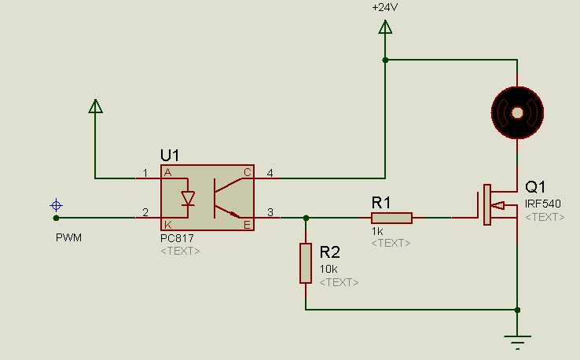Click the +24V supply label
[384, 7]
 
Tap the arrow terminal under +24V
[385, 27]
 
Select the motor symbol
[517, 113]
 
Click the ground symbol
[517, 342]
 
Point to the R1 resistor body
[391, 218]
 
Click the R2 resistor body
[306, 263]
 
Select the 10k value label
[329, 269]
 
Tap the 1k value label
[377, 232]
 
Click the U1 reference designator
[170, 156]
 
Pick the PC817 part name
[177, 238]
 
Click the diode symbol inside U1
[188, 198]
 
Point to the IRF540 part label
[542, 204]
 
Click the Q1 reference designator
[535, 187]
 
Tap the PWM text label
[68, 237]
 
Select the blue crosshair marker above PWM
[57, 205]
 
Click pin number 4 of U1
[270, 173]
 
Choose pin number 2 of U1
[145, 212]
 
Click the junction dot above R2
[306, 218]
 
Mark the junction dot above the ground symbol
[517, 310]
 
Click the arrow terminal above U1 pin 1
[95, 106]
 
